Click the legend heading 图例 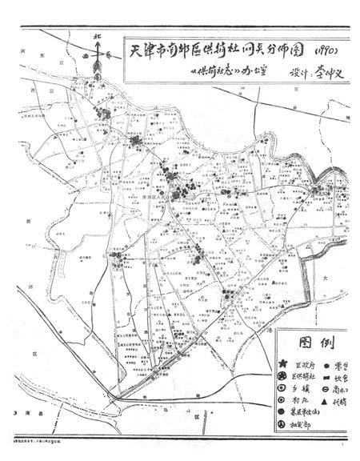[310, 343]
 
